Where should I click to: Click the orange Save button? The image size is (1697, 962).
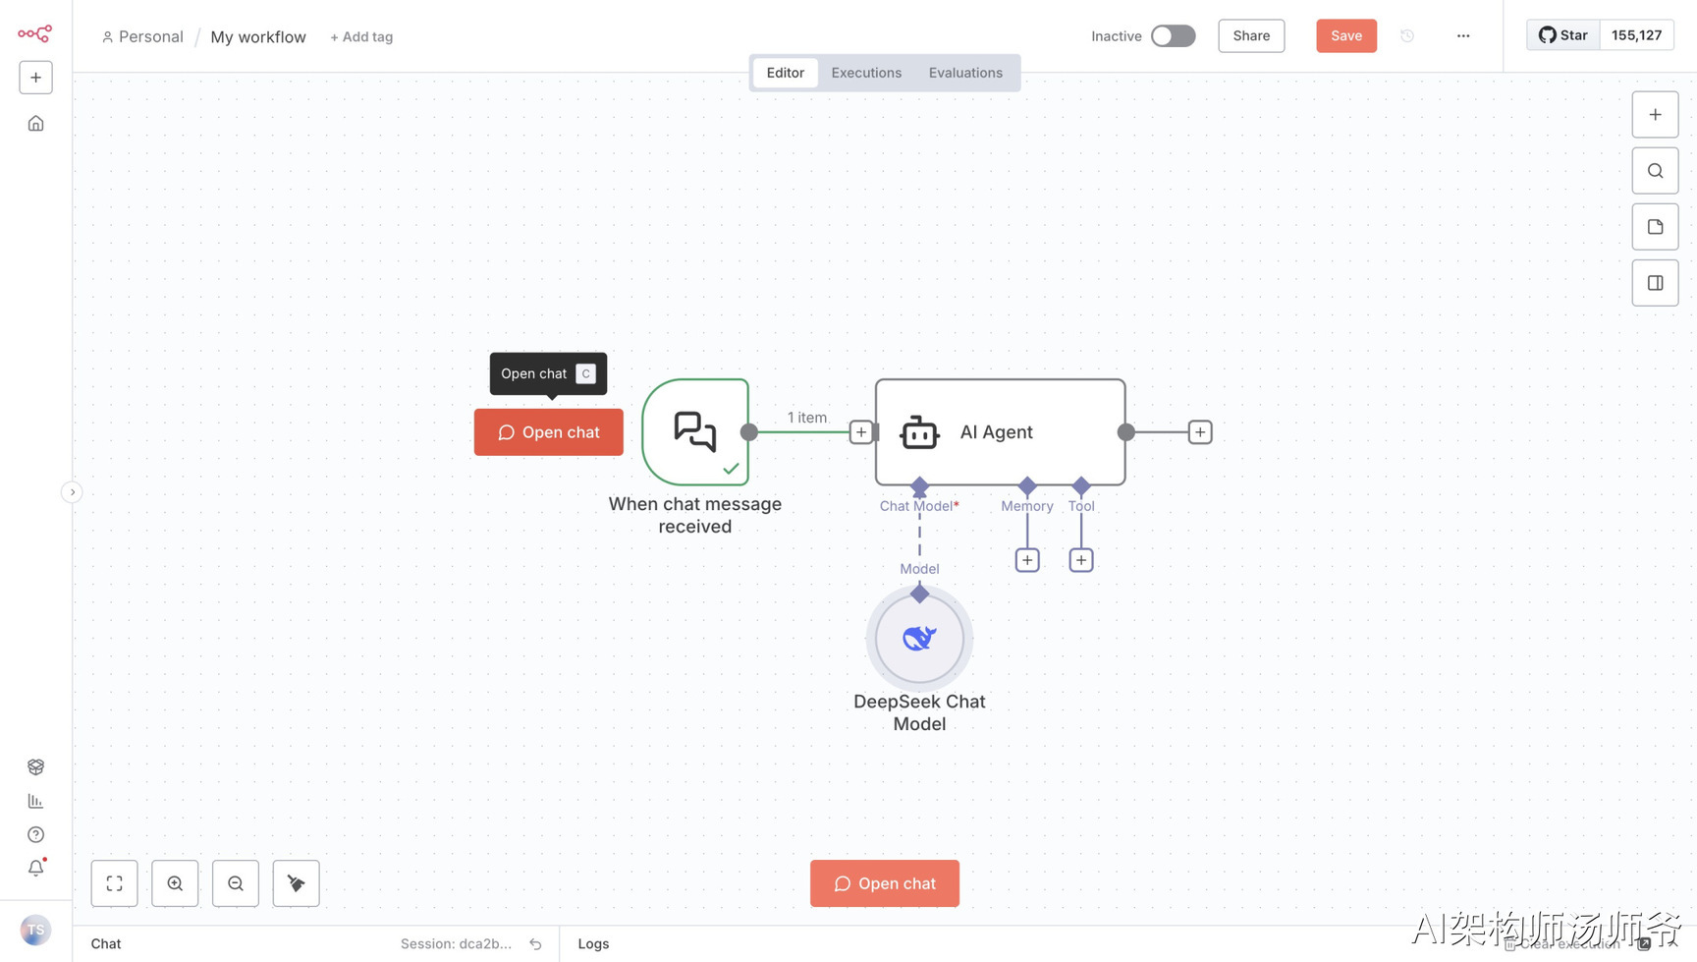pos(1345,36)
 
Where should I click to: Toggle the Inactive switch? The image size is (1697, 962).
pos(1173,36)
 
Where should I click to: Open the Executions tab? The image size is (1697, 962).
pos(866,73)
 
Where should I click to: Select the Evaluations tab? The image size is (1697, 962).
pos(965,73)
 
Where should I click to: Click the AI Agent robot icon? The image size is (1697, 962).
pos(919,432)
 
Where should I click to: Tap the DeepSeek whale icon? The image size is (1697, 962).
pos(919,639)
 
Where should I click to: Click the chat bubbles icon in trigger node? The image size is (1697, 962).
pos(695,431)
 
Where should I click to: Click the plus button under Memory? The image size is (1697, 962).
pos(1027,560)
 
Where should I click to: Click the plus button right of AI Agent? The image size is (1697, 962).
pos(1199,432)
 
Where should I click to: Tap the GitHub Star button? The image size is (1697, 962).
pos(1563,35)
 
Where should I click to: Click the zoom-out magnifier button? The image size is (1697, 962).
pos(236,883)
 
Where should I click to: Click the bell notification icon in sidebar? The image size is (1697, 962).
pos(36,868)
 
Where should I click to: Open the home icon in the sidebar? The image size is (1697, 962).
pos(36,124)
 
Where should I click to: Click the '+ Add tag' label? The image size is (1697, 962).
pos(361,37)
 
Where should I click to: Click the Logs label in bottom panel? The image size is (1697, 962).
pos(593,944)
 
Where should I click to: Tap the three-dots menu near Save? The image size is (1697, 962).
pos(1463,36)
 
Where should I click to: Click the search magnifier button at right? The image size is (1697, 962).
pos(1655,171)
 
